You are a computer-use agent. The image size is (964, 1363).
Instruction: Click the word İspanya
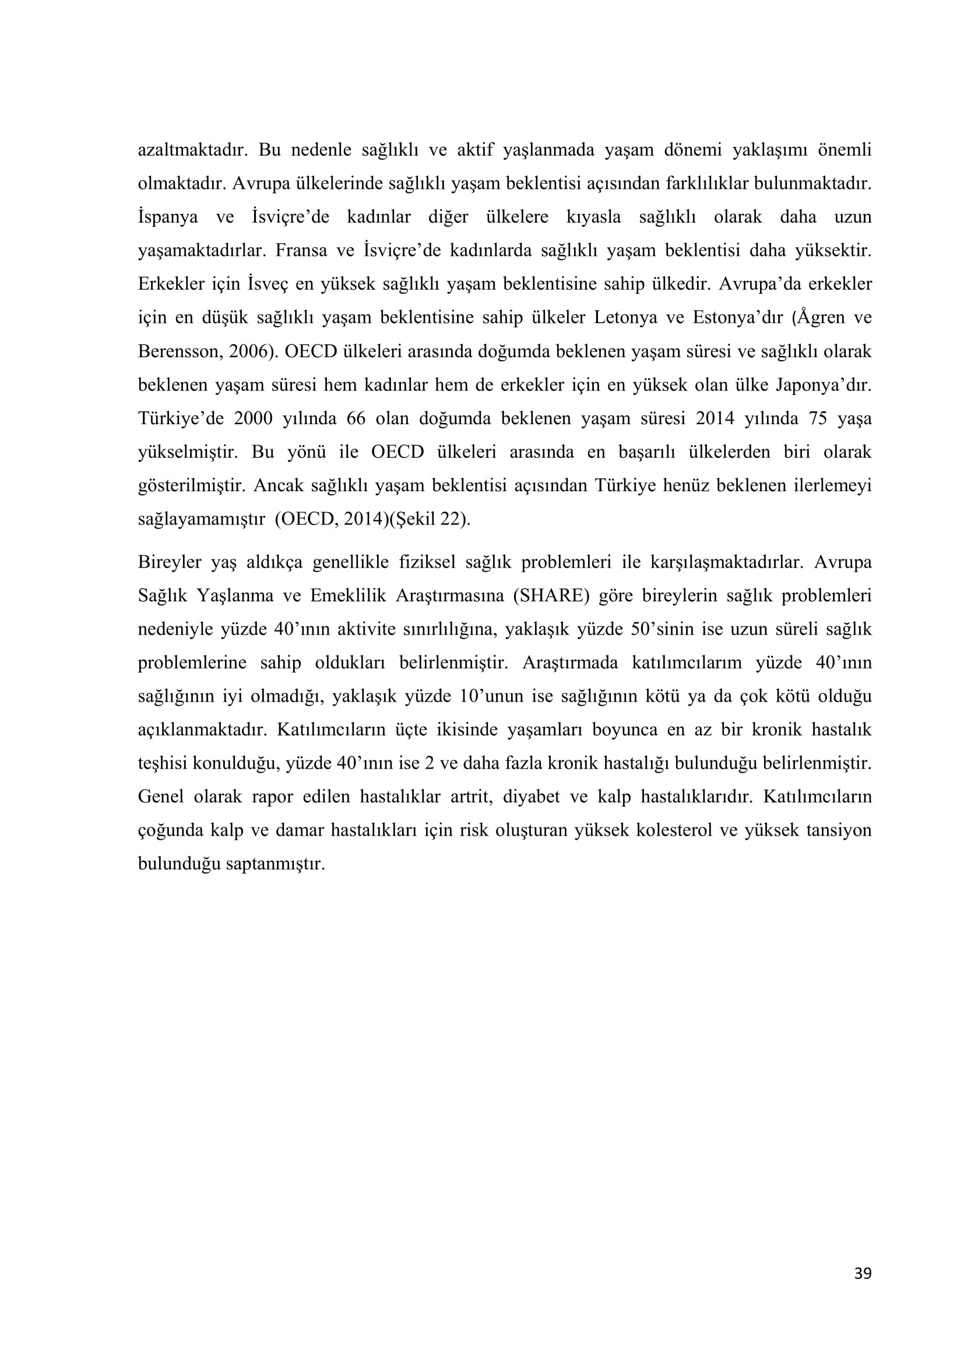[x=168, y=217]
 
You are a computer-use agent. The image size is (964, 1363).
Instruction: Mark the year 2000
[x=253, y=418]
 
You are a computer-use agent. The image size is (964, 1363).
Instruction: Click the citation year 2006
[x=249, y=351]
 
